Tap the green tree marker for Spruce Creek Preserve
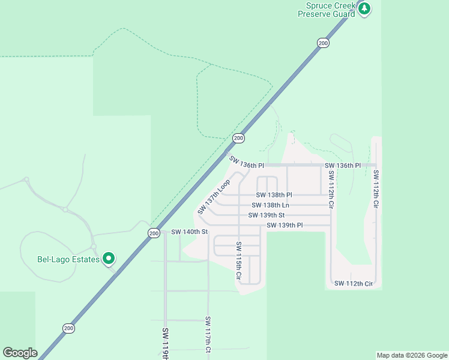click(364, 8)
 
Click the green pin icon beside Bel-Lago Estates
click(109, 259)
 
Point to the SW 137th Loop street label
click(214, 197)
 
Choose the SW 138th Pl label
click(274, 195)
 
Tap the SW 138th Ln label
click(270, 205)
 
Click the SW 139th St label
click(266, 215)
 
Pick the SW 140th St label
click(189, 232)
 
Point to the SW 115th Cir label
click(238, 262)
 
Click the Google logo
click(20, 353)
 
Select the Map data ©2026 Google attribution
click(412, 355)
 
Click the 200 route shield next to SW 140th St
click(154, 233)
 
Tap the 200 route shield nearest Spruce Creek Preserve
click(323, 43)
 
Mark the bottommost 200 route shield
click(68, 328)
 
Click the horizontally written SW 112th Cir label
click(354, 283)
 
